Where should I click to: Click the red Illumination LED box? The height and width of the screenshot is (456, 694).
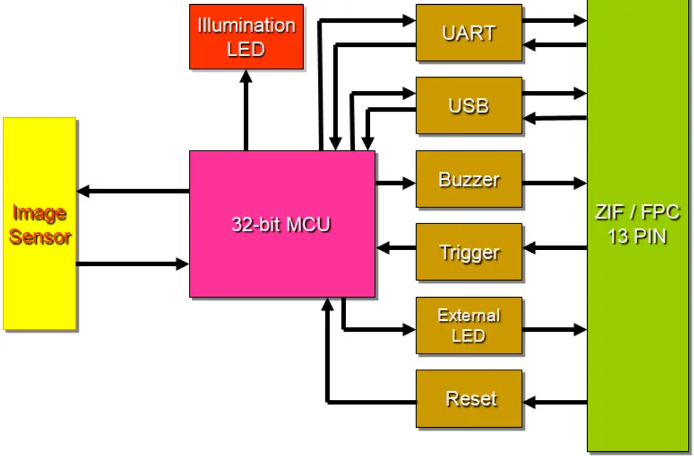[246, 36]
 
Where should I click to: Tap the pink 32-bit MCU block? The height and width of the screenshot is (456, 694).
[281, 223]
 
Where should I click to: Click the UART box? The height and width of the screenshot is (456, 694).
[468, 33]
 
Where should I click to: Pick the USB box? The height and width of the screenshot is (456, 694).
[468, 106]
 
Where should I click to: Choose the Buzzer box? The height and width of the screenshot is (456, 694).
[468, 179]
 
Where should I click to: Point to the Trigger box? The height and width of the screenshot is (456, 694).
[468, 251]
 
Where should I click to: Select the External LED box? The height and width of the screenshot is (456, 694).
[468, 326]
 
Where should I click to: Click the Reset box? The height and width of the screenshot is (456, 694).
[468, 398]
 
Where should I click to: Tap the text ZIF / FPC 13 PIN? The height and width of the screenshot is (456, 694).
[637, 225]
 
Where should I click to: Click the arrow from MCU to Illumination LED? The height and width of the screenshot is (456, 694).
[246, 110]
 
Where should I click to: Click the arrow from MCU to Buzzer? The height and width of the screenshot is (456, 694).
[395, 182]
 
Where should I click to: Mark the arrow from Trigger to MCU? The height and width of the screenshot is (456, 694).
[395, 248]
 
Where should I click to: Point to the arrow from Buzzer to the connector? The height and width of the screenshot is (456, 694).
[554, 182]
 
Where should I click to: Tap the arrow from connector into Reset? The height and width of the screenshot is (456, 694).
[554, 403]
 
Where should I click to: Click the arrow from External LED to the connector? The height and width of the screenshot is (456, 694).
[554, 330]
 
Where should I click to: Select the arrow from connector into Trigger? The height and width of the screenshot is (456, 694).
[554, 248]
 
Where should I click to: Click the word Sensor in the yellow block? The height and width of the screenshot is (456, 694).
[39, 237]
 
